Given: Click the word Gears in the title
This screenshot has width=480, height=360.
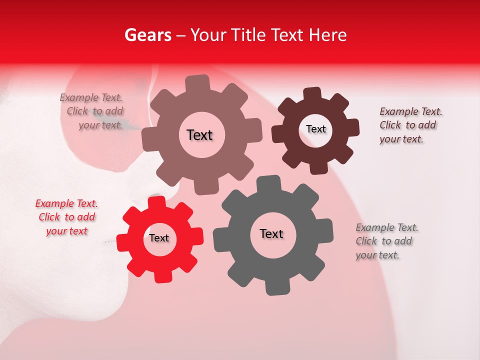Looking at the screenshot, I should [147, 35].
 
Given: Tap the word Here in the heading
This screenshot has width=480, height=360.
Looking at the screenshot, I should [327, 35].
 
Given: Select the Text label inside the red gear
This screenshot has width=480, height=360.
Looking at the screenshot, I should [159, 238].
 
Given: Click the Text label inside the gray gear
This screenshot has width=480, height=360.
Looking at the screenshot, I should [271, 234].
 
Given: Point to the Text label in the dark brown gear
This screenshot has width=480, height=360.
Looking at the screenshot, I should [315, 129].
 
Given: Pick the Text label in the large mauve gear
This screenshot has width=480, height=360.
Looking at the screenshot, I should [199, 135].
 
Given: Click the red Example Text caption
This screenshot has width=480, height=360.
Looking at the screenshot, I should [66, 217].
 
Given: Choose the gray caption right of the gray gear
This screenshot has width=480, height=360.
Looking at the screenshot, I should [386, 241].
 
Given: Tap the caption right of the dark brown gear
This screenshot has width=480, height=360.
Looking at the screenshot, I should [410, 125].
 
